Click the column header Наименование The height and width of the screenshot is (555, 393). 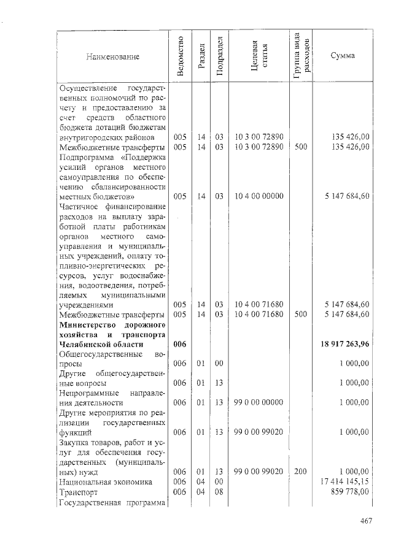113,57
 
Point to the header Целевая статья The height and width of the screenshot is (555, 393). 259,57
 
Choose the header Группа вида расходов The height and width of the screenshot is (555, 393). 302,57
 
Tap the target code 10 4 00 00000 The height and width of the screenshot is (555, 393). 259,196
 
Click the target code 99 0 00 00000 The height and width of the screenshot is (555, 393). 259,402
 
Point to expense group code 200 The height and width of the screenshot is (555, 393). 301,472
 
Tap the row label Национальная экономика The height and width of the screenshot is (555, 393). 105,481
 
